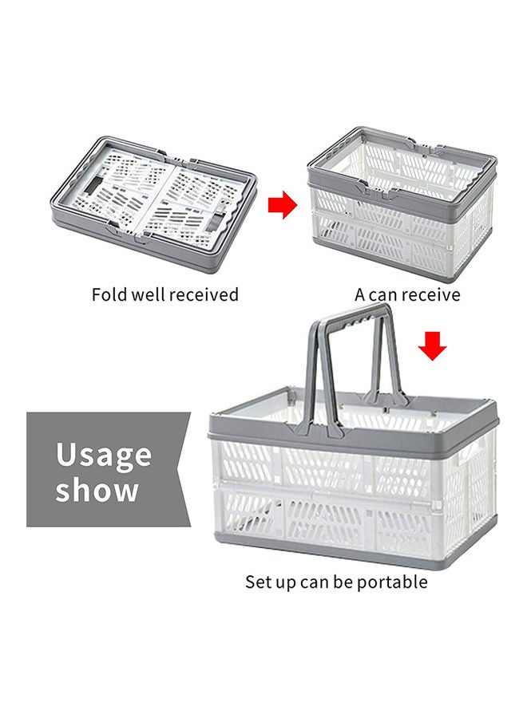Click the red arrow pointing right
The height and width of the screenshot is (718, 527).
click(282, 206)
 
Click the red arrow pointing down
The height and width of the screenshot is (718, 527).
click(432, 346)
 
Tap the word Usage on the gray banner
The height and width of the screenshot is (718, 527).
click(104, 456)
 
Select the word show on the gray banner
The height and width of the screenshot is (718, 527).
click(97, 491)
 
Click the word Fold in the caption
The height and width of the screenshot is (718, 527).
click(109, 294)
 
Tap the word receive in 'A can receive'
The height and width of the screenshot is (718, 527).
click(430, 295)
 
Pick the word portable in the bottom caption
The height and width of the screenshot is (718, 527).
click(390, 582)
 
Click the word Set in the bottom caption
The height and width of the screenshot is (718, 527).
click(259, 582)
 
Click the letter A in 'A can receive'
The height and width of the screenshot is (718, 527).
click(360, 295)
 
